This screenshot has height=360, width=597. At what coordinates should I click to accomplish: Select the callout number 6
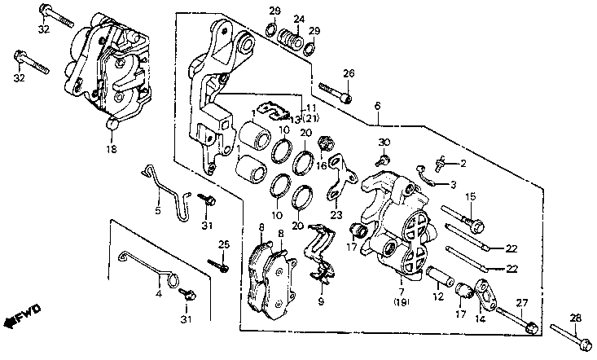click(x=377, y=106)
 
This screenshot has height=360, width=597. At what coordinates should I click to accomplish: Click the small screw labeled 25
click(x=217, y=262)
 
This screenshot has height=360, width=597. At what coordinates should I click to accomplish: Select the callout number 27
click(x=522, y=303)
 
